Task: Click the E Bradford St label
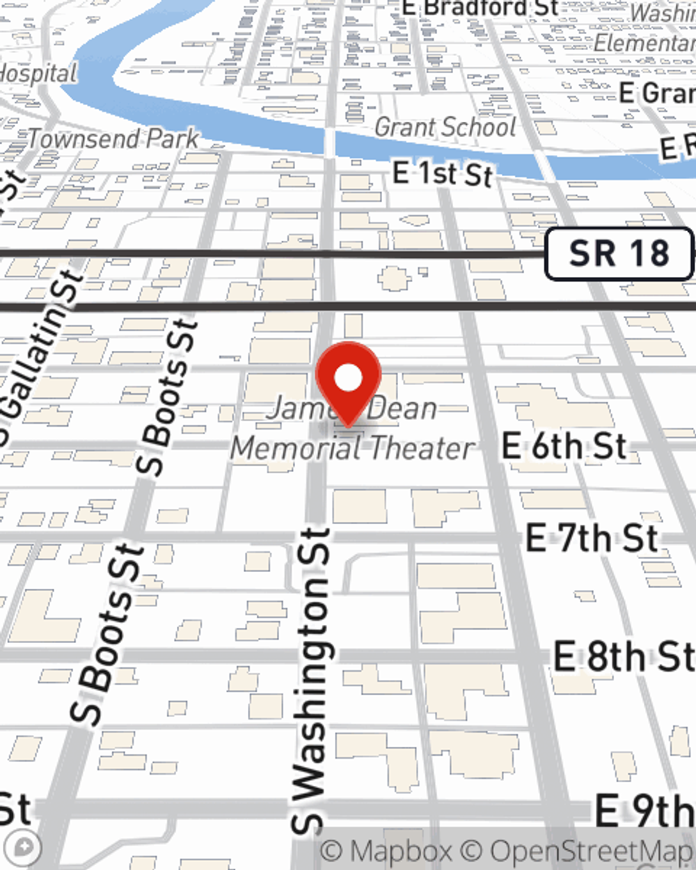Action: (480, 8)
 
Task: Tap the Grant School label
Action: (445, 127)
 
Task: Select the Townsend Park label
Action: (113, 139)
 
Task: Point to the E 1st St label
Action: (443, 173)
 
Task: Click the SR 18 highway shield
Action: (619, 254)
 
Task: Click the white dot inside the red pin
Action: (349, 378)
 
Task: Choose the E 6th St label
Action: (564, 446)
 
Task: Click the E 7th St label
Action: (592, 538)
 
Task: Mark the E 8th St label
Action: (624, 656)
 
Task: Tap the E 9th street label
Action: (644, 811)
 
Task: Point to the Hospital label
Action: (38, 73)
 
